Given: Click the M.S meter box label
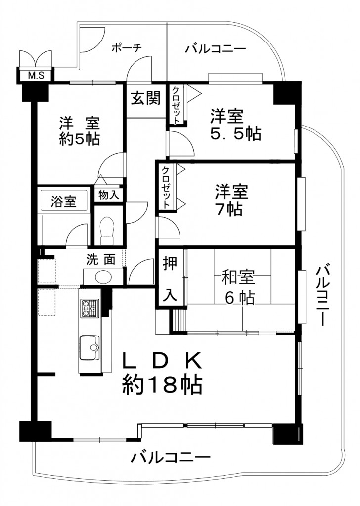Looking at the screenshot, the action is coord(36,76).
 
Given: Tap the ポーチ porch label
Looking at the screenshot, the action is coord(127,48).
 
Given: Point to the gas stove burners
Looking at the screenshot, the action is coord(90,308).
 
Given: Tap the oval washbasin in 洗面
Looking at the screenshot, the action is coord(103,277).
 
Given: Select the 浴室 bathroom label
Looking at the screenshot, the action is coord(64,202).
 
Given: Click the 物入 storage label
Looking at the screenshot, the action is coord(108,195).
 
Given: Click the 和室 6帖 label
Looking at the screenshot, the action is coord(239,287).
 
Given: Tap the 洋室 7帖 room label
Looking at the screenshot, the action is coord(231,200).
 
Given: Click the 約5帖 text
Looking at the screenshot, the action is coord(80,139).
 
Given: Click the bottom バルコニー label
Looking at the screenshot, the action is coord(171,457).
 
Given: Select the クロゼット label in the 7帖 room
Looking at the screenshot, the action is coord(165,187).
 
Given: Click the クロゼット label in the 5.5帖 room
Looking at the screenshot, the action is coord(176,105).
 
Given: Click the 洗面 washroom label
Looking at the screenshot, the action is coord(101,260).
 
